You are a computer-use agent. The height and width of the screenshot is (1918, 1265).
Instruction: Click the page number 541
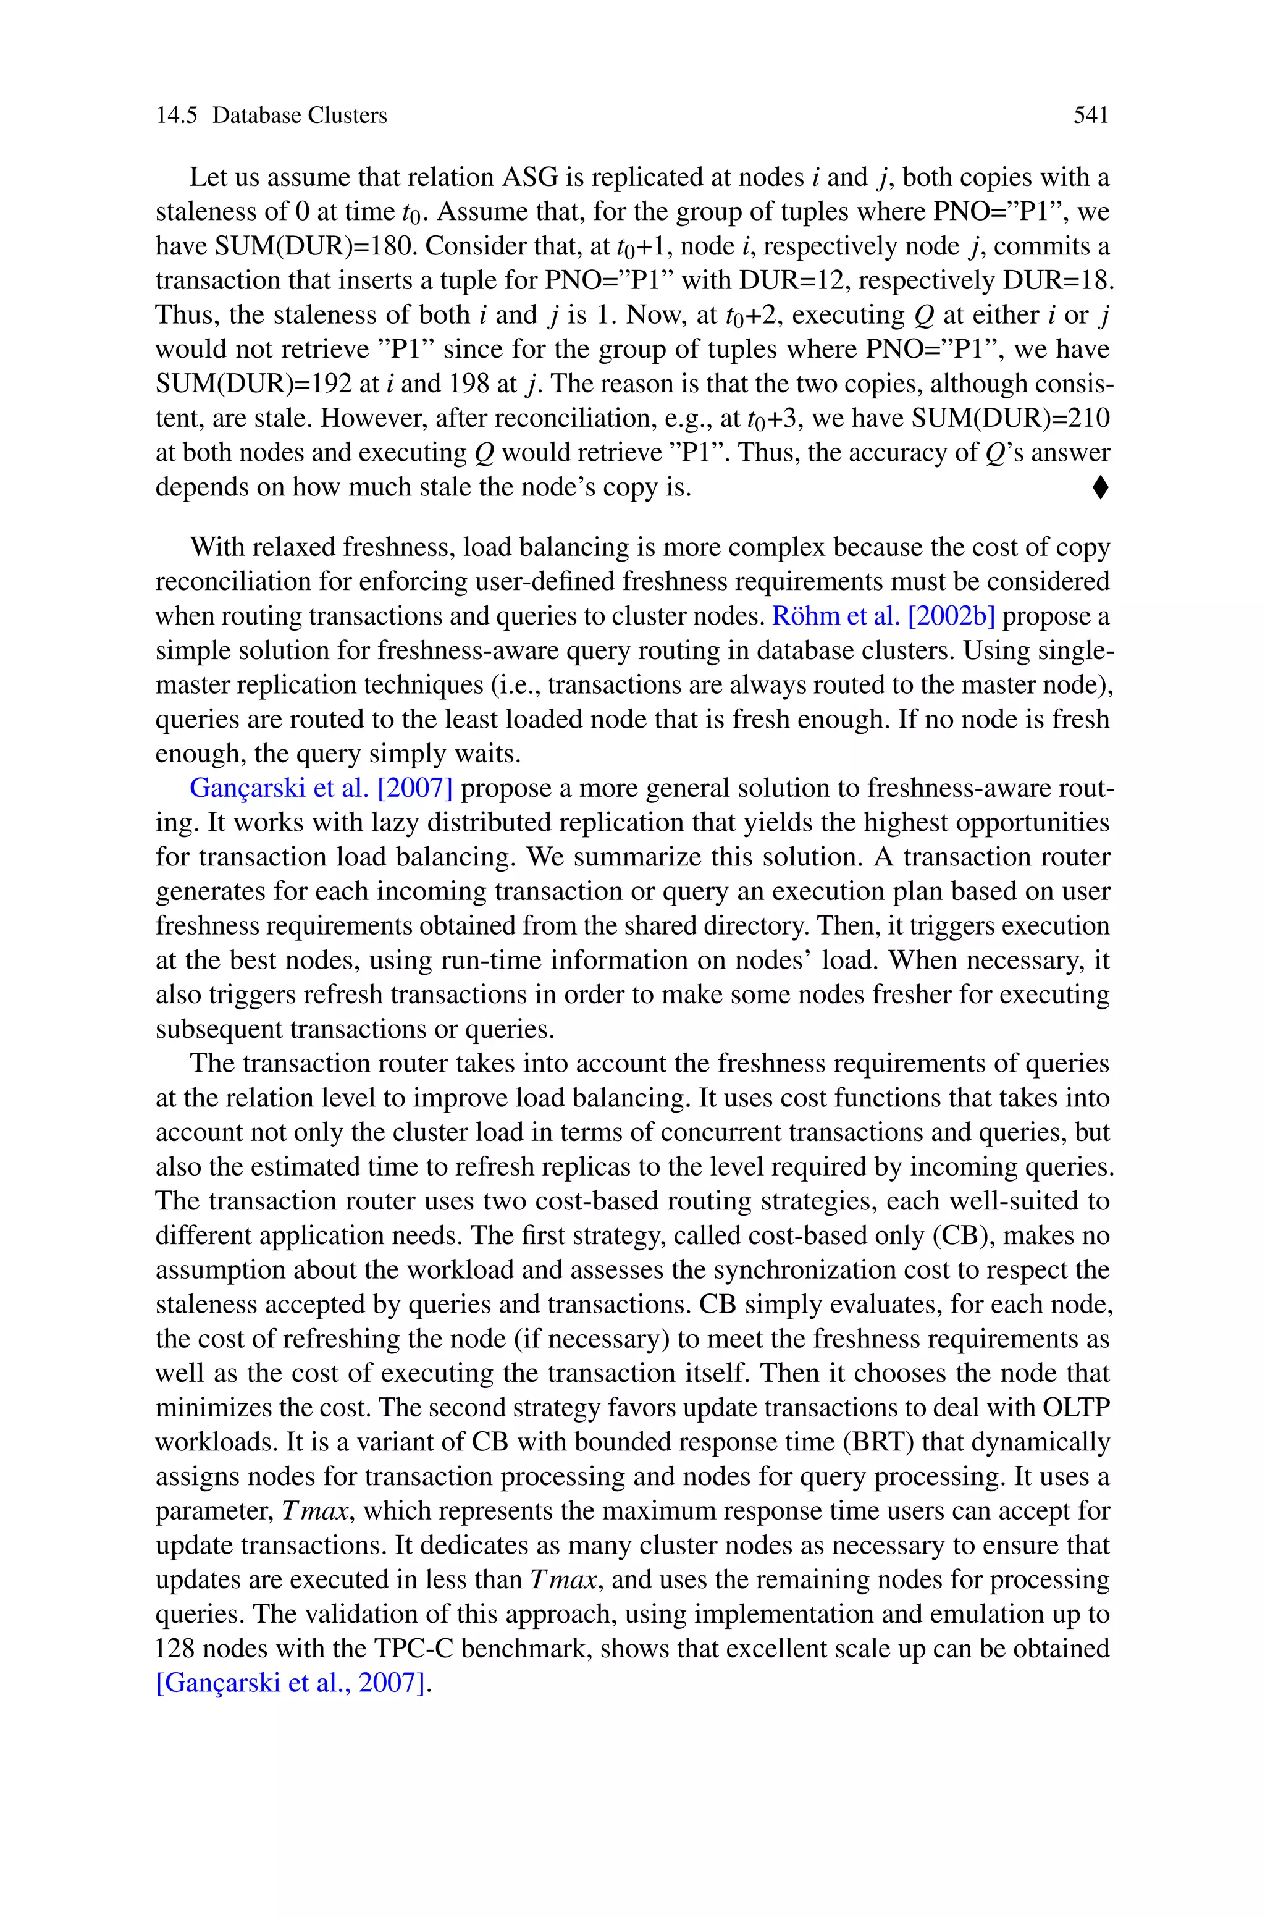coord(1091,116)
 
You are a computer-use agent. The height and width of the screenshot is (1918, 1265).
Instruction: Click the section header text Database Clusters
coord(300,116)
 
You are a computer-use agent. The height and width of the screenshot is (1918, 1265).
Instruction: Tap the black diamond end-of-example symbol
coord(1101,488)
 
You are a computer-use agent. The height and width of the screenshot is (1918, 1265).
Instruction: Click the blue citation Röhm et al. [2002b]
coord(883,616)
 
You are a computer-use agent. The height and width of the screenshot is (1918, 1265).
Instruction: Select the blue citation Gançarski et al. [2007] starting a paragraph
coord(321,788)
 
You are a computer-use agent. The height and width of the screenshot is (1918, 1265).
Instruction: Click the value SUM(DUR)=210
coord(1011,419)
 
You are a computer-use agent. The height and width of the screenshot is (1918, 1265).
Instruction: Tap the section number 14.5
coord(176,116)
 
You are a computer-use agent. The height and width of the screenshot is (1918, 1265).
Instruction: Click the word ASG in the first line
coord(530,177)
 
